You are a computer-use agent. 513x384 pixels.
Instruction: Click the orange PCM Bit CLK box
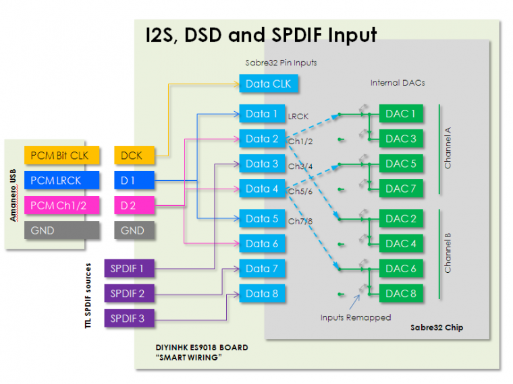[61, 156]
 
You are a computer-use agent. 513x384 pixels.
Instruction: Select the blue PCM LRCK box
[61, 181]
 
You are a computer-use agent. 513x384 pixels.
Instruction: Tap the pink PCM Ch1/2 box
[61, 205]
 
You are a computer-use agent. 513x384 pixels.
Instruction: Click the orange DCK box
[133, 156]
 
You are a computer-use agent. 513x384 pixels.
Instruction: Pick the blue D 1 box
[133, 181]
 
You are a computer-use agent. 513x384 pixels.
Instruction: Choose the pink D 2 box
[133, 205]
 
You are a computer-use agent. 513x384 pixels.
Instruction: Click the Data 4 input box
[262, 189]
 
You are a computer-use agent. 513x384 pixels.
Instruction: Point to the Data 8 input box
[262, 294]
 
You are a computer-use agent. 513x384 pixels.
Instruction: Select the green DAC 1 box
[401, 114]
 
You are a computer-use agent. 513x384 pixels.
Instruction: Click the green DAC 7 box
[401, 189]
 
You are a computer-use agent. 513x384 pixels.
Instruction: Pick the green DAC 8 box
[401, 294]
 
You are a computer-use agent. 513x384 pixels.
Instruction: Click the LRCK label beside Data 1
[298, 117]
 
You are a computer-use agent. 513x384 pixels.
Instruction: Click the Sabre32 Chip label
[437, 328]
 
